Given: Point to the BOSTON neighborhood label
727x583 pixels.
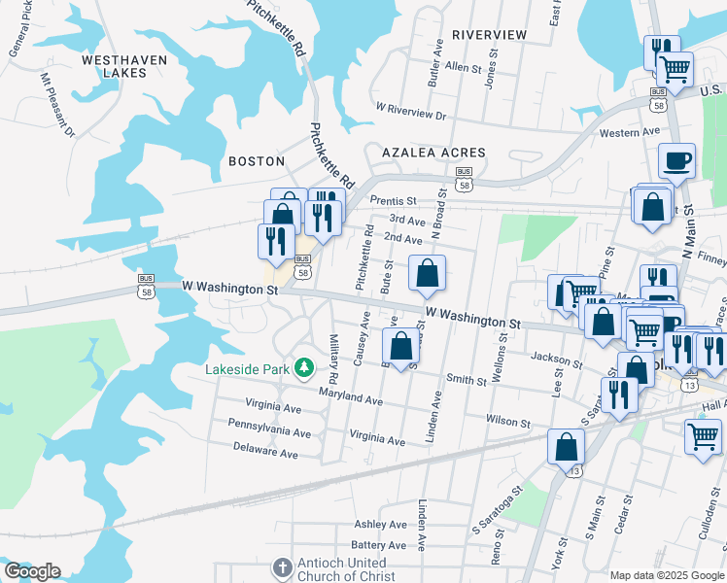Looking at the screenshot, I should pos(256,161).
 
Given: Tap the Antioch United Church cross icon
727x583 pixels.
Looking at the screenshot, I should pos(282,566).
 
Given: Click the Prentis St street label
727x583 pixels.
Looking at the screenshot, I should pos(393,200).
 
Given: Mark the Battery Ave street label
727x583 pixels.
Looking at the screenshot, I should pos(378,546).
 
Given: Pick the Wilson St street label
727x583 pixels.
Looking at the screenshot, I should pos(509,423).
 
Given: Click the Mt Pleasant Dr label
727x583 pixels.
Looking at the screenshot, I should pos(56,103).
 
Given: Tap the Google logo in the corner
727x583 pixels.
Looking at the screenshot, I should pos(32,571).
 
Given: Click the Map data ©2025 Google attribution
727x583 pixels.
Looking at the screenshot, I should pos(666,575).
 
